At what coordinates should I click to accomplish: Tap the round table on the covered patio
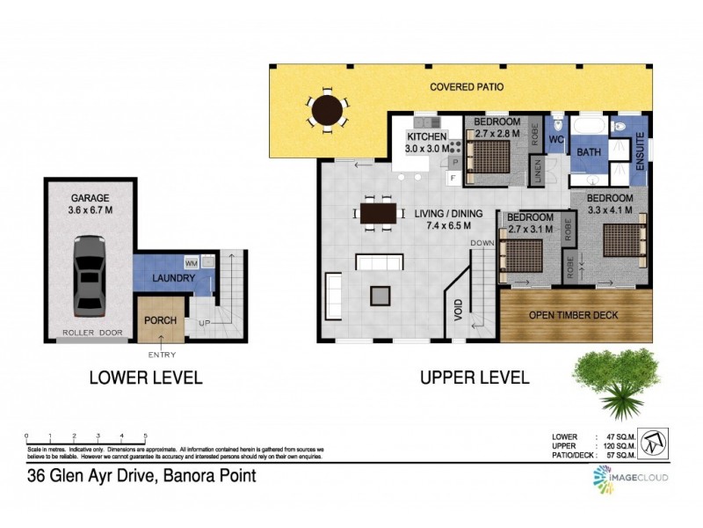click(x=327, y=111)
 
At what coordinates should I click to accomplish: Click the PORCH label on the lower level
click(x=160, y=319)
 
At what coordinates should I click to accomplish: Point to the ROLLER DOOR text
click(x=91, y=334)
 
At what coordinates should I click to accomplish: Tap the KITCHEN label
click(x=426, y=138)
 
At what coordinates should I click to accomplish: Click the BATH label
click(x=587, y=153)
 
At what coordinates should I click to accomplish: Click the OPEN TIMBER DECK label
click(x=573, y=315)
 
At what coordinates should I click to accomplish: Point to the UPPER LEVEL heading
click(x=474, y=378)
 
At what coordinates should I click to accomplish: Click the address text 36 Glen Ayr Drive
click(x=141, y=477)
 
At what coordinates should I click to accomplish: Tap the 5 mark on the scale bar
click(x=145, y=436)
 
